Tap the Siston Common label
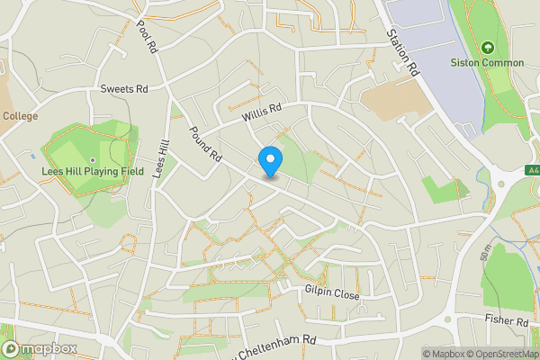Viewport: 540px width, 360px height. pos(487,63)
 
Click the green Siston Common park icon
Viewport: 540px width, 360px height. pos(487,47)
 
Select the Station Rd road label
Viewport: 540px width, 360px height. pos(403,53)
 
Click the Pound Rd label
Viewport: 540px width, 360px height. pos(205,143)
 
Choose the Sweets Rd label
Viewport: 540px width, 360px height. pos(124,88)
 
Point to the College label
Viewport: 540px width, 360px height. pos(19,115)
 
